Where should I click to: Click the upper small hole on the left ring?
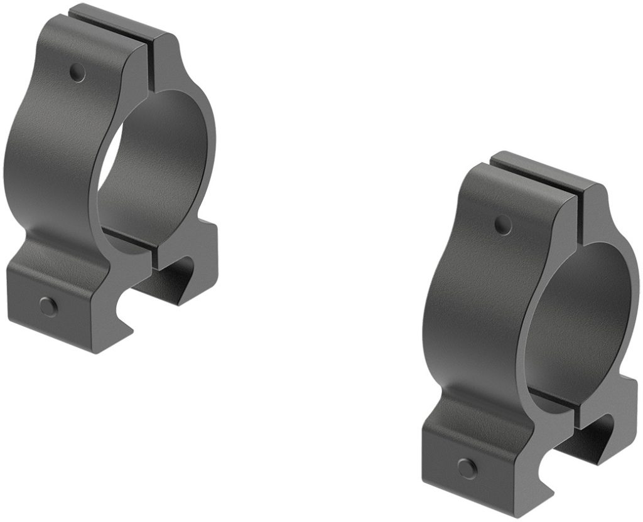click(x=78, y=73)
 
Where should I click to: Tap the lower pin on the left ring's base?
click(x=48, y=306)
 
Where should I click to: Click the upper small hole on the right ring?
click(x=503, y=224)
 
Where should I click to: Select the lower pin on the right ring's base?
click(x=467, y=467)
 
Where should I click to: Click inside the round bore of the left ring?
click(x=157, y=169)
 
